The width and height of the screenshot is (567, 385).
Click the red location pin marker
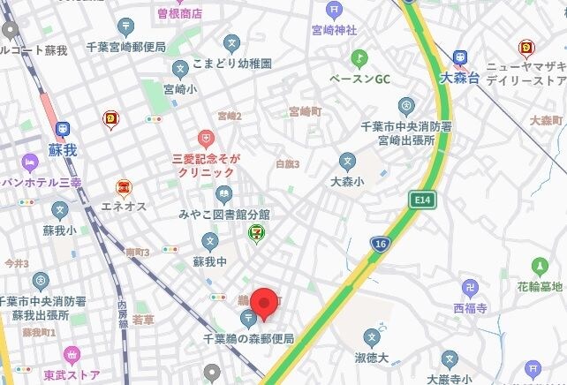264,304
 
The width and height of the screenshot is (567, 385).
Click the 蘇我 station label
63,150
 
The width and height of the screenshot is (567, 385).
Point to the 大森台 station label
459,78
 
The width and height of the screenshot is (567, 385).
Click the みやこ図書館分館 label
223,215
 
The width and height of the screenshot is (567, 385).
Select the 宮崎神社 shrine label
334,31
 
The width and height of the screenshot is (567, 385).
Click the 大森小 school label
347,183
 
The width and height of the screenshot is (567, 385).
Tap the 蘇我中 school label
209,261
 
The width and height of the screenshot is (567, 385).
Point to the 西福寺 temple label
471,308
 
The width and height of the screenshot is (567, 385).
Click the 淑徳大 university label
372,359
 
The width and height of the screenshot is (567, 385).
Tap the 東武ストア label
72,374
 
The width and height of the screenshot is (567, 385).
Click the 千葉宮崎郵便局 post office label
125,48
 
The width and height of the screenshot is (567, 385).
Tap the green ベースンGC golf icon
359,58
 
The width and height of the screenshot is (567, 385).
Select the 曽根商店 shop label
180,13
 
